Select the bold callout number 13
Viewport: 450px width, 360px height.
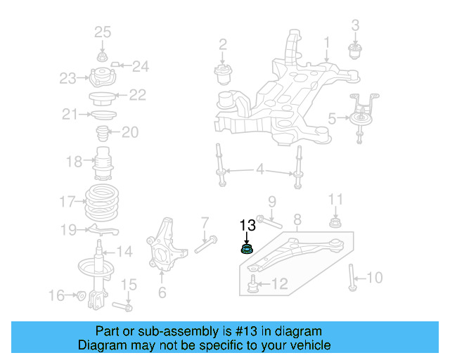point(247,226)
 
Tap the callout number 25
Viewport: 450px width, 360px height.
point(103,32)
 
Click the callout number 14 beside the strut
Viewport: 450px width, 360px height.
point(124,252)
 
